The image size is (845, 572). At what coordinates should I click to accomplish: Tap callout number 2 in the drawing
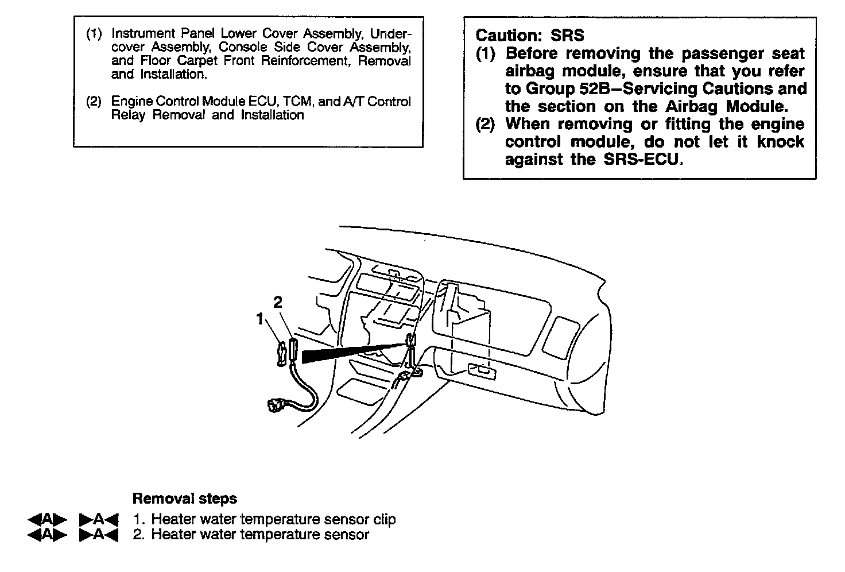278,302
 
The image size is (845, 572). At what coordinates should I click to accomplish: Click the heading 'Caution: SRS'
530,36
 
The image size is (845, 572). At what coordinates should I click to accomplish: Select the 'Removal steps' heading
184,498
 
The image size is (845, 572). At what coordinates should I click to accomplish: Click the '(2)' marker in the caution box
486,124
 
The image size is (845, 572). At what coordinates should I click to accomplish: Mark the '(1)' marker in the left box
94,33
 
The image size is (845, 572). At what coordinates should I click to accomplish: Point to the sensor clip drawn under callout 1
282,353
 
